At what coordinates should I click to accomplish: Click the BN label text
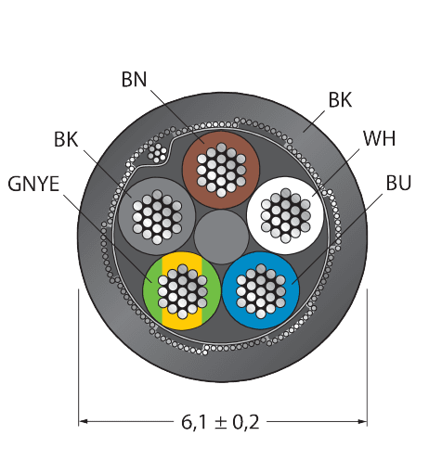134,80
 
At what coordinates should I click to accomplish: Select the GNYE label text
33,184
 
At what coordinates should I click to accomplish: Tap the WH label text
380,138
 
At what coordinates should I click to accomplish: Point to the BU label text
398,183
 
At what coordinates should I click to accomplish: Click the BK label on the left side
66,139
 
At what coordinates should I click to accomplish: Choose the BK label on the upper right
340,100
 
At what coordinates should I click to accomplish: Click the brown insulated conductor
221,170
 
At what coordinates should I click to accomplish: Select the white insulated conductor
285,215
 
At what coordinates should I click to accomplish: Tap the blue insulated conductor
261,291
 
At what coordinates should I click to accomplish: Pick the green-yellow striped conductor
182,291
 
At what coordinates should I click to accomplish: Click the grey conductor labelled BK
157,217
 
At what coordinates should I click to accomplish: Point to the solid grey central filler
221,237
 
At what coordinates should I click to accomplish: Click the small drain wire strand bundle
157,153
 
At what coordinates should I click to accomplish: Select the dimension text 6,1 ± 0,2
220,422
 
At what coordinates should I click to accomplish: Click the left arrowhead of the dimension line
83,421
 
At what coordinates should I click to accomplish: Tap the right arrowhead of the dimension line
363,421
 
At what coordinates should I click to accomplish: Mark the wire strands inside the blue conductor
261,291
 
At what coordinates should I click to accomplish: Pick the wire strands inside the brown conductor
221,170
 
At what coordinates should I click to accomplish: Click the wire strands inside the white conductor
285,215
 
